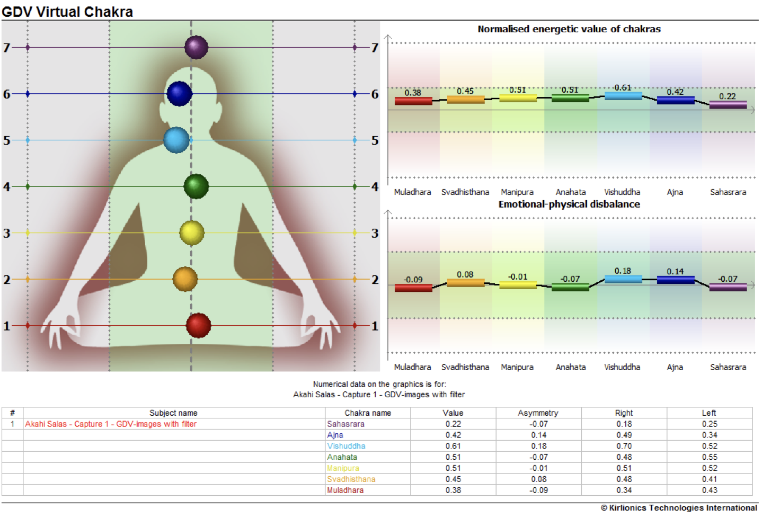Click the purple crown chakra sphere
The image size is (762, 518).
point(196,47)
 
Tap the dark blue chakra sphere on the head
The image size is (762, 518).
point(179,94)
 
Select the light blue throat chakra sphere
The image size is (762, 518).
point(176,140)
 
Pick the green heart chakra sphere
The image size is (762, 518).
point(196,186)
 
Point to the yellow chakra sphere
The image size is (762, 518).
point(192,233)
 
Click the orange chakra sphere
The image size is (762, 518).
point(185,279)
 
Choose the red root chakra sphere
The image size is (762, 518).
point(199,325)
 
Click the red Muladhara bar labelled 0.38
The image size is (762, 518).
point(413,101)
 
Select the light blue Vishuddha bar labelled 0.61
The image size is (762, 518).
point(623,96)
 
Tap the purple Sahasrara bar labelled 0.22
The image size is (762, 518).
point(728,105)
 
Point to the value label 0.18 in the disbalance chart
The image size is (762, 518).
point(623,271)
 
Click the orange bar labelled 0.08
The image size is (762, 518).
point(465,282)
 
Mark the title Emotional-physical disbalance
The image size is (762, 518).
point(569,204)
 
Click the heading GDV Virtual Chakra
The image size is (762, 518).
point(67,12)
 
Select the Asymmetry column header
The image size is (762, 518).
point(538,413)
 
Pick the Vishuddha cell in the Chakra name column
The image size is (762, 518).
point(346,446)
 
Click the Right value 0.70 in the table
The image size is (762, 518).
point(624,446)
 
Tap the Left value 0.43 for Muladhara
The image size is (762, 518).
point(710,490)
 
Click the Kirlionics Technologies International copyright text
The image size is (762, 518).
point(679,508)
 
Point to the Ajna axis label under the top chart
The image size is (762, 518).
point(675,192)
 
